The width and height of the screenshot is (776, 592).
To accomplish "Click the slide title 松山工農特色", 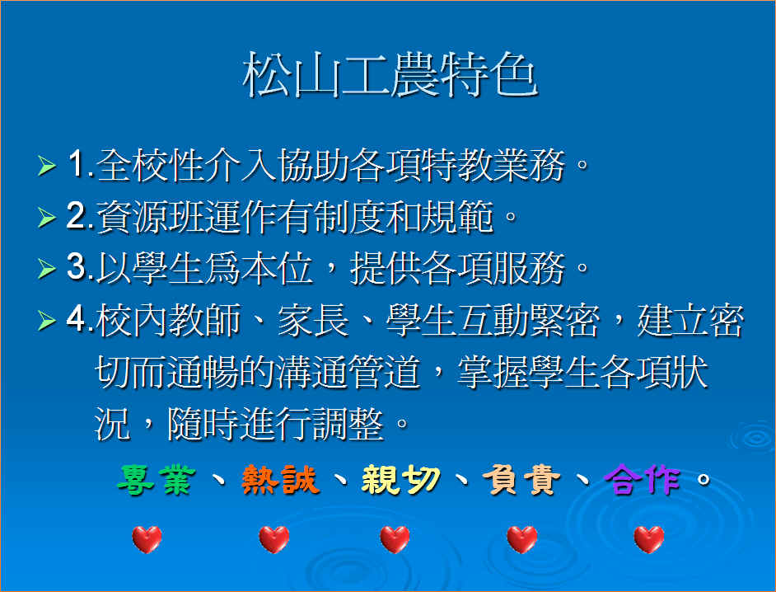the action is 390,75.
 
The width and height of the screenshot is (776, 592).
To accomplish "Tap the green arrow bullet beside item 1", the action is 47,166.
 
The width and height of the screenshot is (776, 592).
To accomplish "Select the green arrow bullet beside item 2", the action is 47,218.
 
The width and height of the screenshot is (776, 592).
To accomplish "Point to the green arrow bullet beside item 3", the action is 47,269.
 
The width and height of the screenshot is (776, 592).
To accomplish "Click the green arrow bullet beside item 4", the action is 47,321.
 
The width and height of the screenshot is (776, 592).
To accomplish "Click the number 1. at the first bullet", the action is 81,164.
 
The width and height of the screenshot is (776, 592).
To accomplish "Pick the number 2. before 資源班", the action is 80,216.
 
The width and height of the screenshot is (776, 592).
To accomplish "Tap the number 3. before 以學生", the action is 80,267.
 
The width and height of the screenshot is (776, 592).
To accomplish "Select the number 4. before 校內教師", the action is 80,319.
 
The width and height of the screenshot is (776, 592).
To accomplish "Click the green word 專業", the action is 156,480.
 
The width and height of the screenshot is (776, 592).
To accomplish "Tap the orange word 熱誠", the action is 279,480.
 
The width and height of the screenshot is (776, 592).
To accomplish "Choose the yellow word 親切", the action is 400,480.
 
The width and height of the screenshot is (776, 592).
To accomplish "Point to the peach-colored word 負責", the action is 521,480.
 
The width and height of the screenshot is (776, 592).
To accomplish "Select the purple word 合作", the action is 643,480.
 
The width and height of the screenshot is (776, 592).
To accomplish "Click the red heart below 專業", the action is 147,539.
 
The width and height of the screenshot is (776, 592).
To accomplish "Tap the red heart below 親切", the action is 395,539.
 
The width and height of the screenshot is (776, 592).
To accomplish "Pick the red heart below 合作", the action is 649,539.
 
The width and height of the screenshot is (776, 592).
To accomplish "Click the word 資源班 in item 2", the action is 150,217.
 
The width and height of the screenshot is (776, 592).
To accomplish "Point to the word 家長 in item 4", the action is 313,320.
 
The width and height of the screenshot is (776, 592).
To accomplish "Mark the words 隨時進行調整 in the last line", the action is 275,424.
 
